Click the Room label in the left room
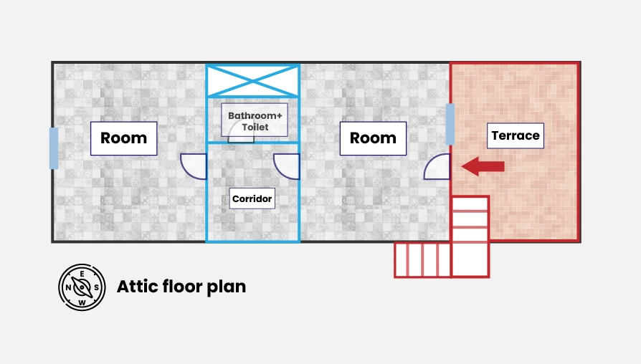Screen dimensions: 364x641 pos(123,138)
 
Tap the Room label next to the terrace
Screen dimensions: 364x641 pos(373,138)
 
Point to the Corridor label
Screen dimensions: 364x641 pos(252,198)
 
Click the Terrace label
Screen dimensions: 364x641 pos(515,135)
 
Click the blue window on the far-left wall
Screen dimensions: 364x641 pos(54,148)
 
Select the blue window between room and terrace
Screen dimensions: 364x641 pos(450,124)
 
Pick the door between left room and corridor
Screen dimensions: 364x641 pos(194,166)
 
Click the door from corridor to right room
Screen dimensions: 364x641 pos(287,166)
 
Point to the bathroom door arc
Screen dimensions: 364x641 pos(241,138)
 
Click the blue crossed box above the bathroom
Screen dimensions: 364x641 pos(252,80)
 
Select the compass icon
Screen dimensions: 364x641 pos(82,287)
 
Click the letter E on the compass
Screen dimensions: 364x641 pos(82,274)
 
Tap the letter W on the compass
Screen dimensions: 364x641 pos(82,302)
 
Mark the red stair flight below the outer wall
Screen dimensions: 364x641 pos(422,259)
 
